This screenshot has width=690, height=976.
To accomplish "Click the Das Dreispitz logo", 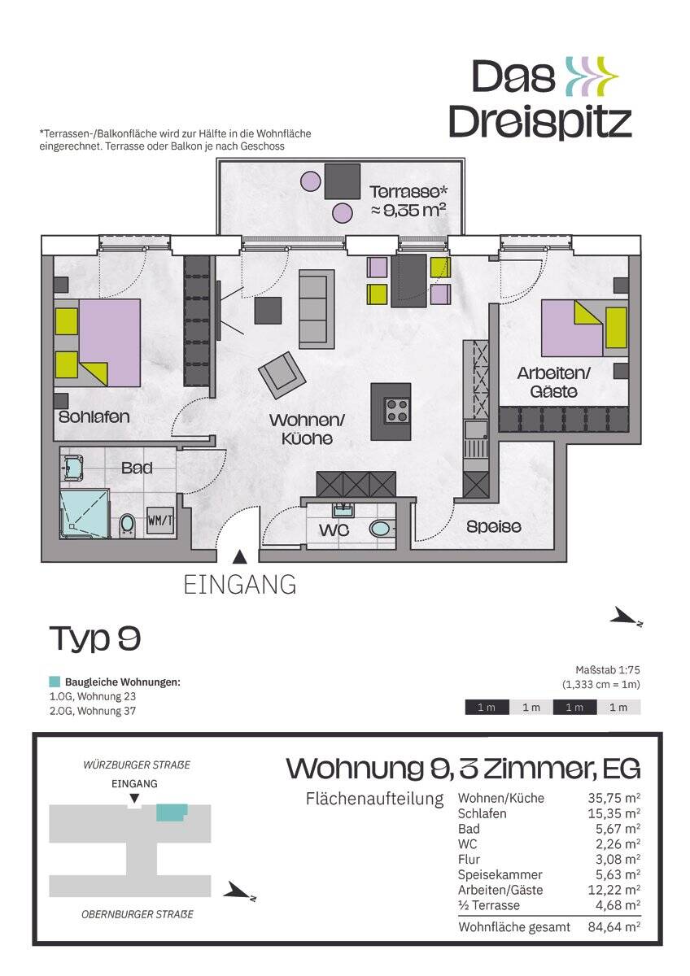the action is point(539,98).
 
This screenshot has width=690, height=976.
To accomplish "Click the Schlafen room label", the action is point(94,417).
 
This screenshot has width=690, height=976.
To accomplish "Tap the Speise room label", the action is point(494,527).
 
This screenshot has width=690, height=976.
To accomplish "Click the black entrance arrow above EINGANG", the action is point(239,557).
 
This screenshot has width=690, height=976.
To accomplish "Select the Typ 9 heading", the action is point(94,639).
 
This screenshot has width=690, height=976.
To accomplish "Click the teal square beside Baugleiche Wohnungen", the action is point(55,682).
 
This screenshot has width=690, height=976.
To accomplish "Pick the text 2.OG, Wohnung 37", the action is point(92,710).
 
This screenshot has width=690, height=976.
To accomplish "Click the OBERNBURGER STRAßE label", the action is point(137,914).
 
